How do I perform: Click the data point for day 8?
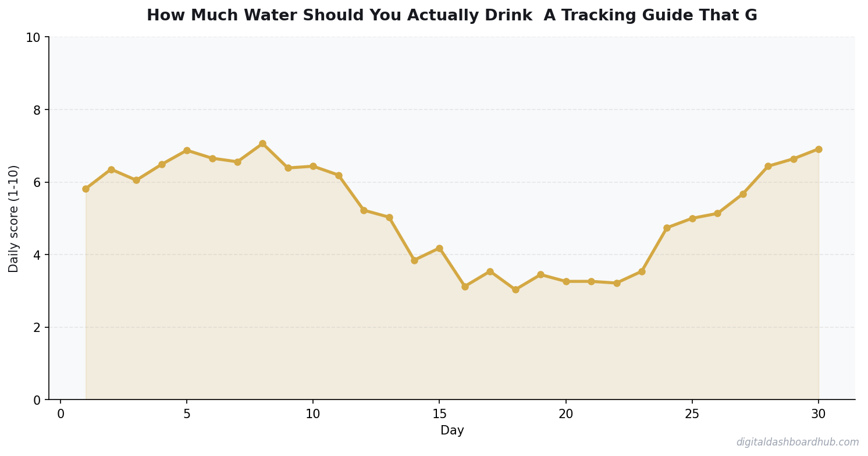tap(262, 143)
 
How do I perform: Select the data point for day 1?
tap(86, 189)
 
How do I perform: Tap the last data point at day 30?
tap(819, 149)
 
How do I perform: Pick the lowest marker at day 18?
tap(515, 289)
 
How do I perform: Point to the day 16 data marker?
tap(465, 287)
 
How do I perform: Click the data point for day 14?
tap(414, 260)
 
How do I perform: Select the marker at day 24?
tap(667, 228)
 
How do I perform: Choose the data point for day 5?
tap(187, 150)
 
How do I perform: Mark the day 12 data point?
tap(364, 210)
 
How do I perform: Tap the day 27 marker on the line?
tap(743, 194)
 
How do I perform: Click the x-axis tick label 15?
tap(439, 414)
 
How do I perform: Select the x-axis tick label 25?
tap(692, 414)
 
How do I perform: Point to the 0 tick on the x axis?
tap(61, 414)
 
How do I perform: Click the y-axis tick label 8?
tap(37, 110)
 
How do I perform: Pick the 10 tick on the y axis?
tap(33, 38)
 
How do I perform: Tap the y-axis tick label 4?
tap(37, 255)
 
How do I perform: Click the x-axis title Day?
tap(452, 431)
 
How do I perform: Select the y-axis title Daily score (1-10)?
tap(14, 218)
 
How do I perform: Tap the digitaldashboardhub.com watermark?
tap(797, 443)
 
